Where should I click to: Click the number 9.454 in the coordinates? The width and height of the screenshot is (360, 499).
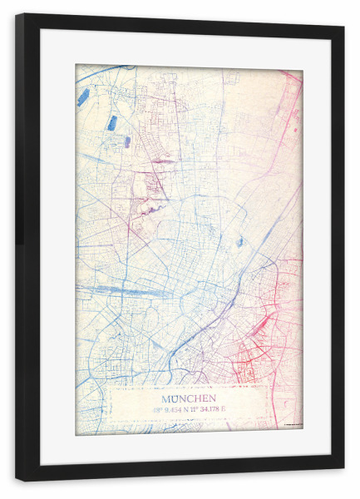coord(172,408)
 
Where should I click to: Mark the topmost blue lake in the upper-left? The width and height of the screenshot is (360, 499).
coord(83,96)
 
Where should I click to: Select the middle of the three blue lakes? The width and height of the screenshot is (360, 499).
coord(111,123)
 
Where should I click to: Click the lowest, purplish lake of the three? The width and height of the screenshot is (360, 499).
coord(127,142)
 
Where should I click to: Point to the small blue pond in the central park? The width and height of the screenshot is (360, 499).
coord(239,242)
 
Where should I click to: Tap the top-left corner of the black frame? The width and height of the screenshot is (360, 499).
coord(19,17)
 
